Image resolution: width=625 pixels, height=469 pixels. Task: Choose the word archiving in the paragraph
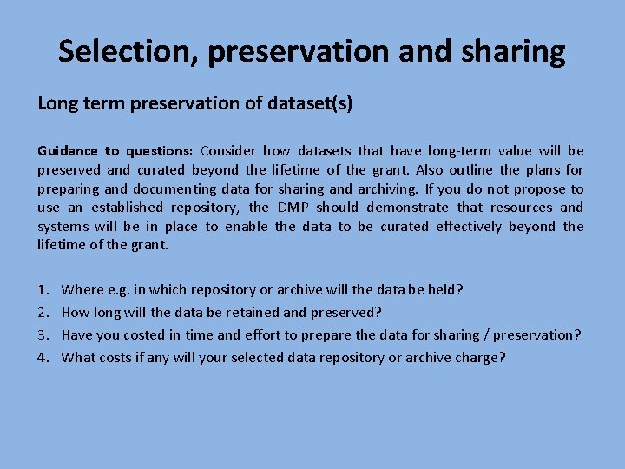pyautogui.click(x=391, y=188)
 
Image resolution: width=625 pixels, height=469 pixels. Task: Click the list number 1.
pyautogui.click(x=43, y=290)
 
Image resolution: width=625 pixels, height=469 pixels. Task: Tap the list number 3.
pyautogui.click(x=43, y=335)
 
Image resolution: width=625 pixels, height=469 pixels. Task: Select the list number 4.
pyautogui.click(x=43, y=357)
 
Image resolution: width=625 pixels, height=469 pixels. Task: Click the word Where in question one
pyautogui.click(x=82, y=290)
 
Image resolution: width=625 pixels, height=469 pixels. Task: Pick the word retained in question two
pyautogui.click(x=255, y=313)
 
